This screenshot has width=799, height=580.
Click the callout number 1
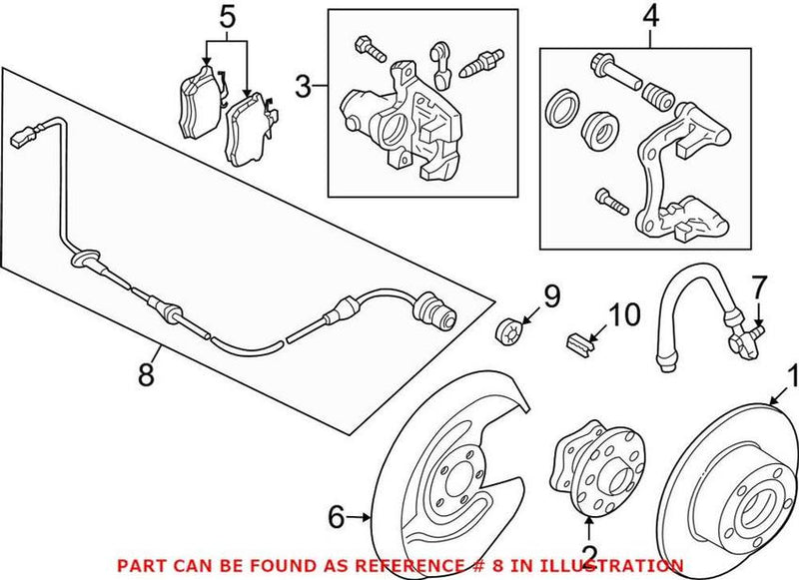click(792, 378)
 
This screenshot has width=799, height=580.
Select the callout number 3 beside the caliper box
click(305, 88)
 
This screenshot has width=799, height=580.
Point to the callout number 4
click(650, 17)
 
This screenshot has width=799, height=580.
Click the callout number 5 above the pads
click(227, 17)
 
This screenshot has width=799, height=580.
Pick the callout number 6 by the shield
click(338, 516)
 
